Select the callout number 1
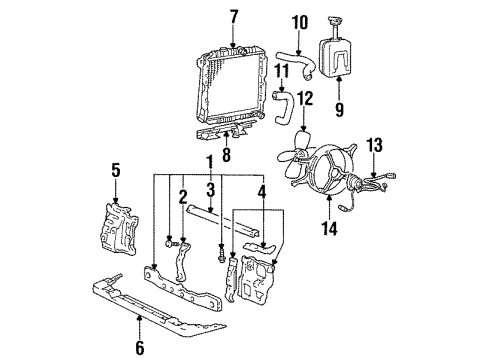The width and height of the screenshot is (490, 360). [x=208, y=161]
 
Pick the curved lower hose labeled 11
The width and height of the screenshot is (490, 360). [x=282, y=104]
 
